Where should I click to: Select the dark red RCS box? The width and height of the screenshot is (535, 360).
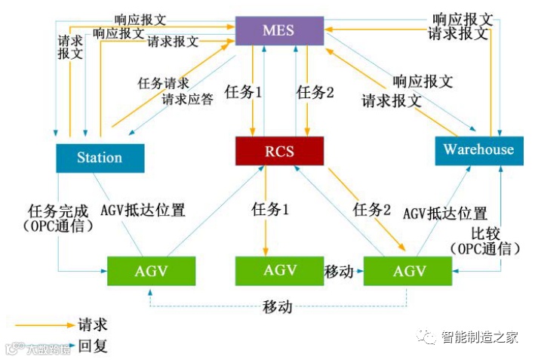[x=279, y=151]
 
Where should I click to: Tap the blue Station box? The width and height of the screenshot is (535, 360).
[x=100, y=158]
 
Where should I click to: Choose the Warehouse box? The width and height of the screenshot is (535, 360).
[x=478, y=149]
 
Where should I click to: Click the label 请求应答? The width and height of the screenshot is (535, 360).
[x=187, y=99]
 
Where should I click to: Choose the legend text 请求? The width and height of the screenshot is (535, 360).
[x=92, y=325]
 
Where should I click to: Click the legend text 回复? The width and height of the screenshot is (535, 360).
[x=93, y=346]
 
